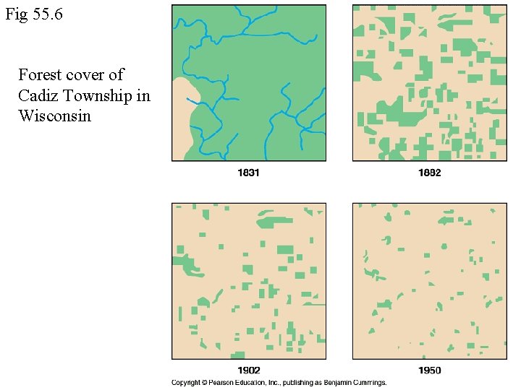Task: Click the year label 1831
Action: pos(248,173)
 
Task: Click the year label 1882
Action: pos(429,173)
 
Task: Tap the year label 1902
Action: pos(248,370)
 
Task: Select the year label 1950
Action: pos(429,370)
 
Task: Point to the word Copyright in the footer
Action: pos(186,382)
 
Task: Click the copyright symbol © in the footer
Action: pos(206,382)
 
